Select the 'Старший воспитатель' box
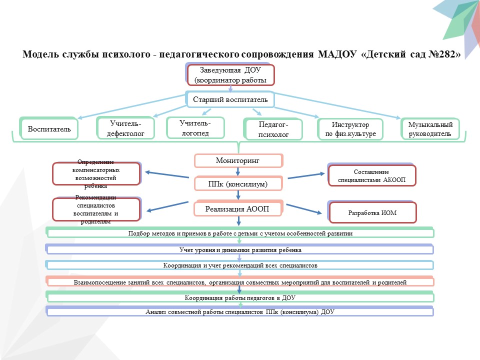pyautogui.click(x=230, y=100)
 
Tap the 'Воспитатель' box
pyautogui.click(x=49, y=129)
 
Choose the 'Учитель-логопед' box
pyautogui.click(x=195, y=127)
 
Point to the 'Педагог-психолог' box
pyautogui.click(x=273, y=129)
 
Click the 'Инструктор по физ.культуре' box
pyautogui.click(x=350, y=129)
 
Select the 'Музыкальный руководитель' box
pyautogui.click(x=430, y=129)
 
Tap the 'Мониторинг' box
pyautogui.click(x=238, y=160)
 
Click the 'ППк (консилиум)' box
pyautogui.click(x=238, y=184)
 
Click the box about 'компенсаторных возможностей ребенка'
pyautogui.click(x=96, y=174)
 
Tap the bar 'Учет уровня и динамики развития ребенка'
pyautogui.click(x=240, y=249)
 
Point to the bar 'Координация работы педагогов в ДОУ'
pyautogui.click(x=240, y=298)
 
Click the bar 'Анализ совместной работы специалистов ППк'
pyautogui.click(x=240, y=312)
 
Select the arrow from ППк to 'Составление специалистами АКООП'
pyautogui.click(x=305, y=175)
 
